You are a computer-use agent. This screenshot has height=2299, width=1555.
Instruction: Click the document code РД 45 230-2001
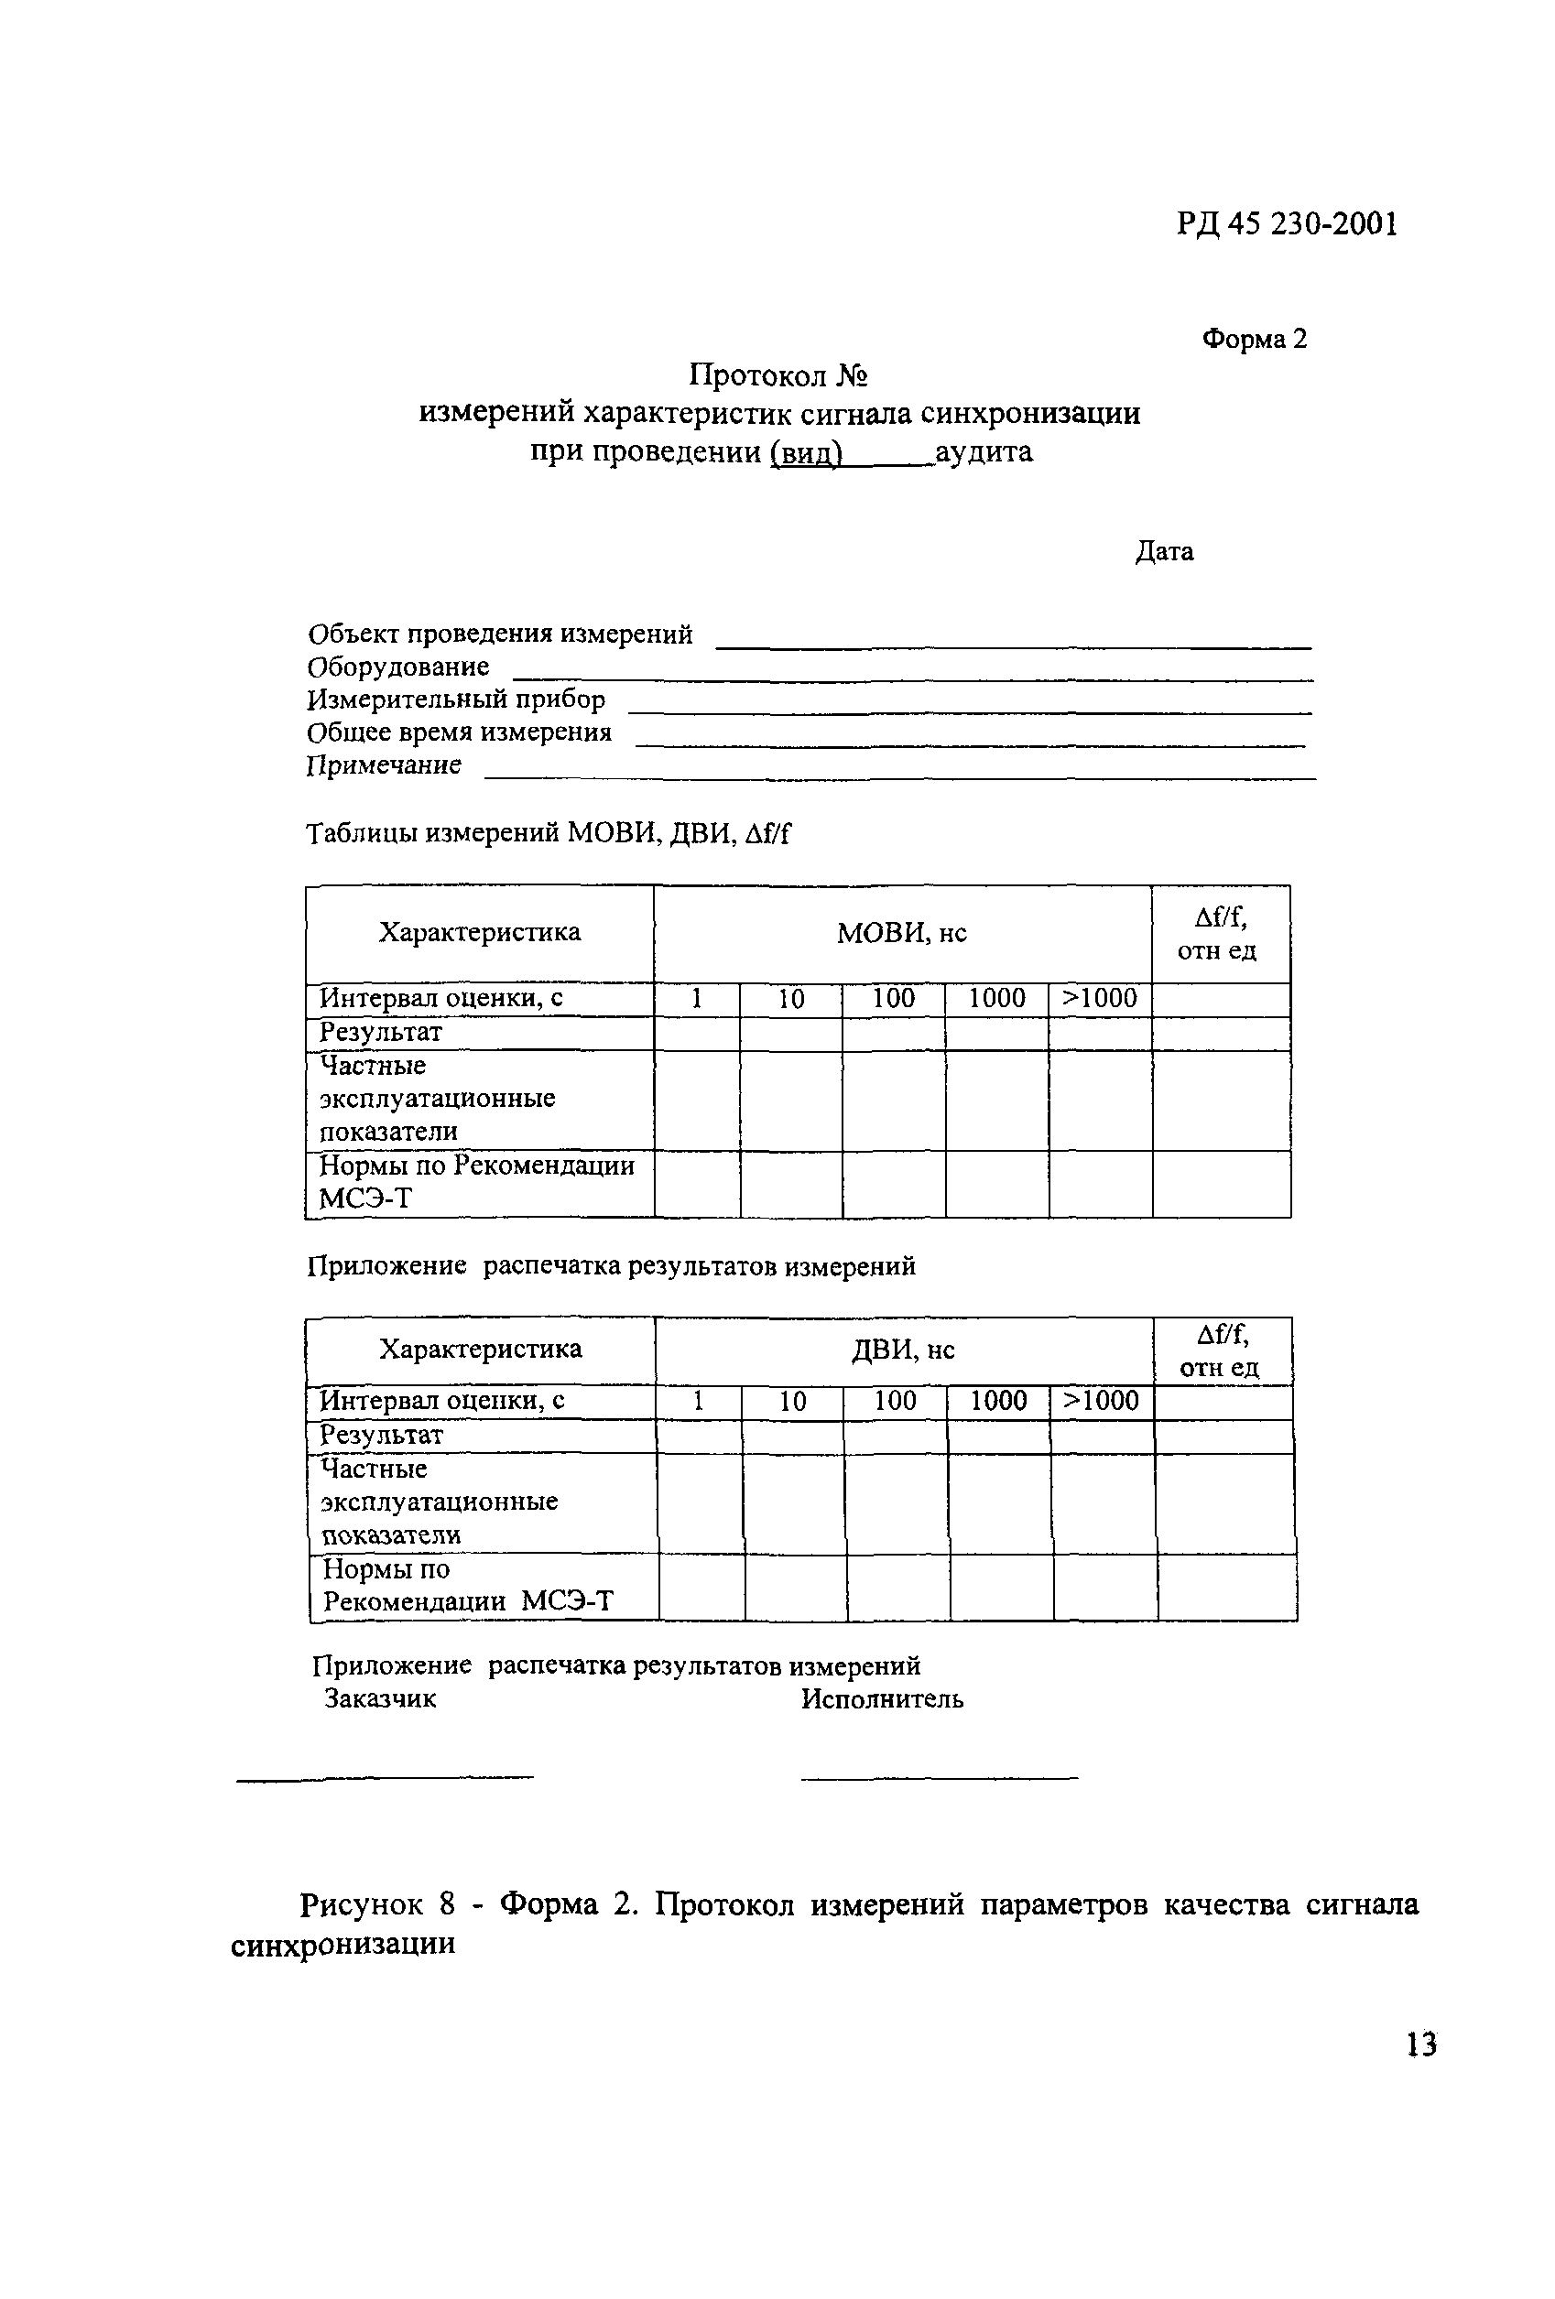click(x=1287, y=225)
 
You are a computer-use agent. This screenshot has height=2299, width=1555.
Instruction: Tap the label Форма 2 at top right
click(x=1254, y=340)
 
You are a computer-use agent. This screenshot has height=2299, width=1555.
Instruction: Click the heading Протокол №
click(x=777, y=376)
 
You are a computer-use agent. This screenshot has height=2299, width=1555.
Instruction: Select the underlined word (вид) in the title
click(x=805, y=453)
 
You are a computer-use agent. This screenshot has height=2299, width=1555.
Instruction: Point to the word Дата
click(x=1163, y=551)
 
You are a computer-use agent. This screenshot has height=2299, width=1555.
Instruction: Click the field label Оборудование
click(x=397, y=667)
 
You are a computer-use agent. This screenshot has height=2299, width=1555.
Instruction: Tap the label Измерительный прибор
click(x=455, y=699)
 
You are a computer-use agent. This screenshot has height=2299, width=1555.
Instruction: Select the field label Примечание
click(x=384, y=765)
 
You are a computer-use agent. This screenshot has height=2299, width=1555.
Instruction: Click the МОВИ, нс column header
click(x=901, y=933)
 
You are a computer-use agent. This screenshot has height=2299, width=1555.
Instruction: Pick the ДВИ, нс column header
click(x=903, y=1350)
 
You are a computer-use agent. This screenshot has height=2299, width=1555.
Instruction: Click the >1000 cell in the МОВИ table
click(x=1099, y=998)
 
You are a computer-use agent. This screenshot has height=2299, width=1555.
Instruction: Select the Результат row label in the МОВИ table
click(x=380, y=1033)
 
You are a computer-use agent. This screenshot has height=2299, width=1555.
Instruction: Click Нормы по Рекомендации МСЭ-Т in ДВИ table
click(x=467, y=1586)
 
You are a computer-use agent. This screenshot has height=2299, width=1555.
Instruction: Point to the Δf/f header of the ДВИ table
click(x=1222, y=1350)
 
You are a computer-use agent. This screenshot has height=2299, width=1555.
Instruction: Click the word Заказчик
click(x=380, y=1698)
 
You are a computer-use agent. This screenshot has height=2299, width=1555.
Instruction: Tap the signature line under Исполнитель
click(x=938, y=1779)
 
